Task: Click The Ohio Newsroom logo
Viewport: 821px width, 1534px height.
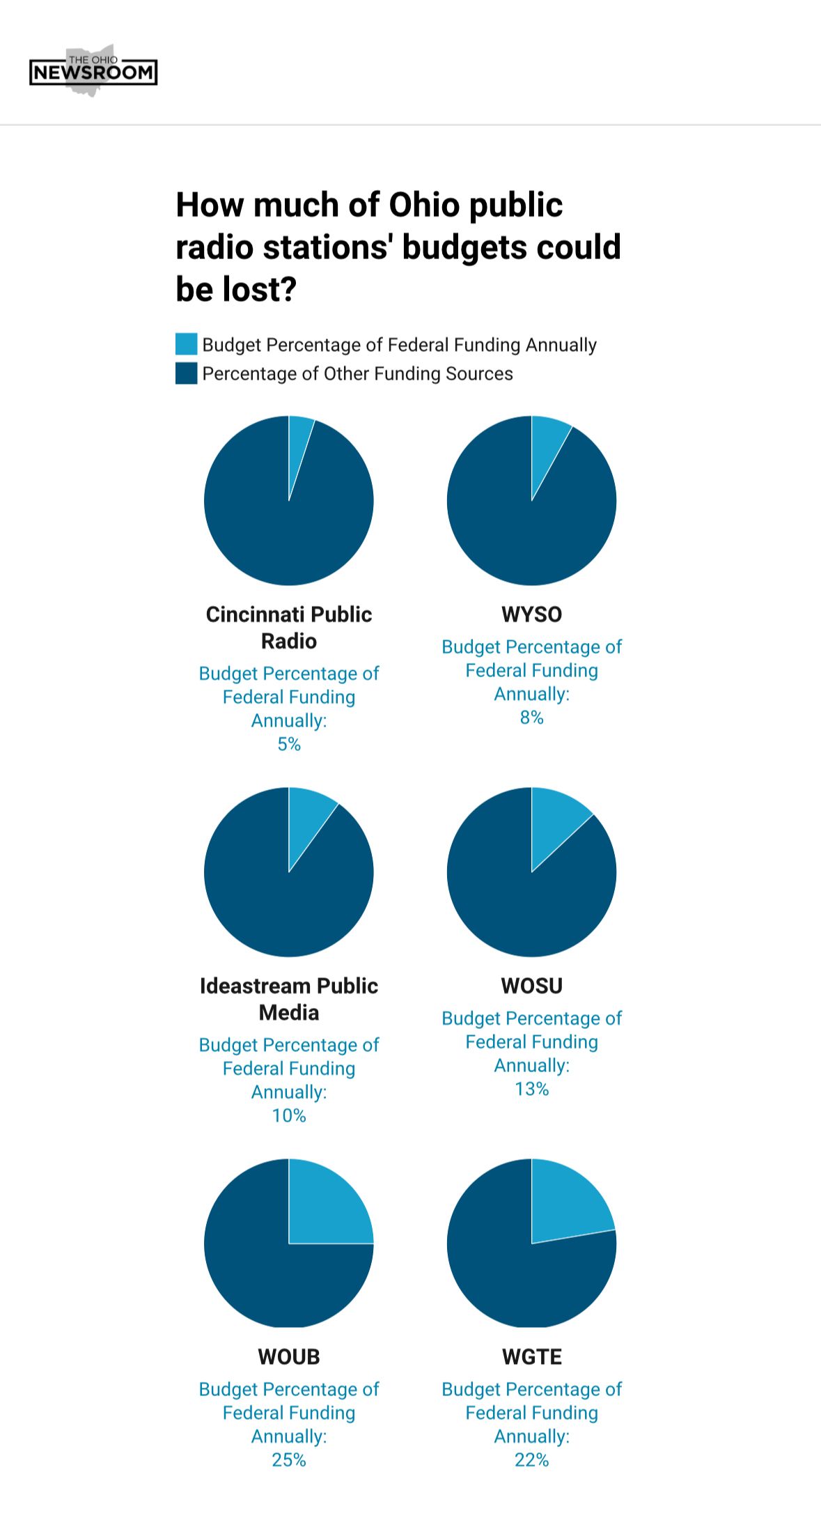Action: click(x=93, y=71)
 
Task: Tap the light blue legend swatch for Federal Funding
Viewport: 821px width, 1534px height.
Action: click(x=186, y=344)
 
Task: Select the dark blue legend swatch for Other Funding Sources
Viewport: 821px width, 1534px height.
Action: click(x=186, y=373)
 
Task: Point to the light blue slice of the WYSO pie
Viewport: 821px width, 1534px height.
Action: click(x=546, y=446)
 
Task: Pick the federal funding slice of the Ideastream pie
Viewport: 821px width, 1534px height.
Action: click(x=306, y=819)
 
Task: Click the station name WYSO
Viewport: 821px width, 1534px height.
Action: click(x=531, y=614)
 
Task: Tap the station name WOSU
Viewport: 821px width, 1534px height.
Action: click(x=531, y=986)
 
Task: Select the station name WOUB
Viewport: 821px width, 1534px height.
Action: click(x=289, y=1357)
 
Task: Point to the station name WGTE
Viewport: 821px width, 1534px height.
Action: click(x=531, y=1357)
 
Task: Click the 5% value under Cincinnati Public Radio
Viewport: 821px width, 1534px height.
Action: click(x=289, y=744)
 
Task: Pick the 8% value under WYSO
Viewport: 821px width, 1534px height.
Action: click(x=531, y=718)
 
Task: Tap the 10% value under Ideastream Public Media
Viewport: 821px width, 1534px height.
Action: click(x=289, y=1115)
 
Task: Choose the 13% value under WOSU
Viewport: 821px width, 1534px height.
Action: click(x=531, y=1089)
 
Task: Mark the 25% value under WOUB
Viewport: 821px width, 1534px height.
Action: click(x=289, y=1460)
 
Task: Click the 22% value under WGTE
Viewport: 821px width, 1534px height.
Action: click(x=531, y=1460)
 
